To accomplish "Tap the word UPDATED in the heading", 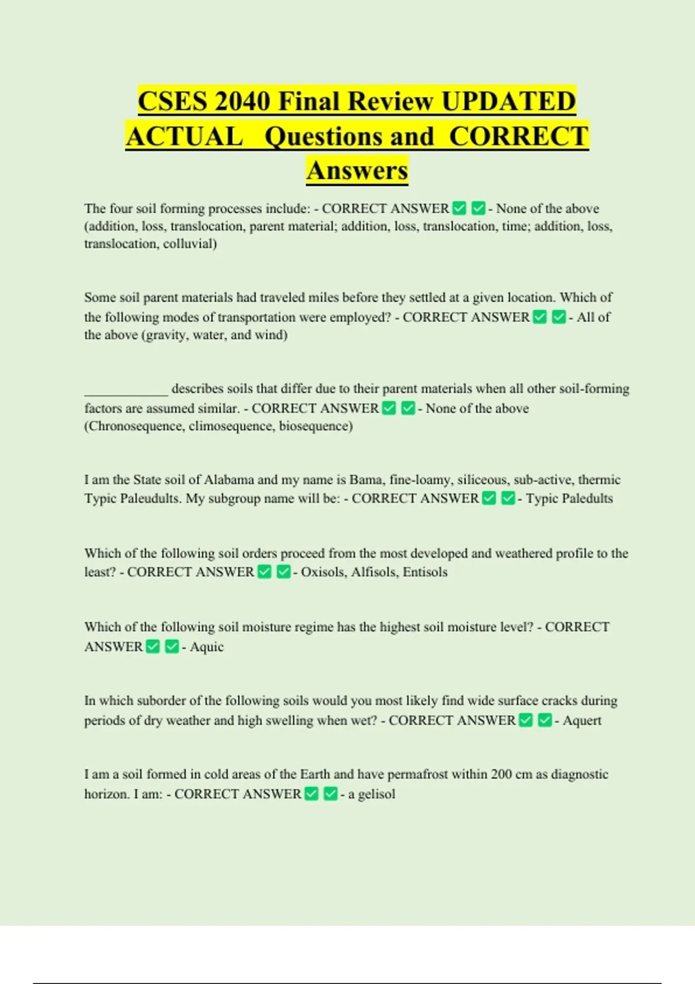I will [x=509, y=101].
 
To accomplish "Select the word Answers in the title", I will [x=357, y=170].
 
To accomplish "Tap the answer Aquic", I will [x=207, y=647].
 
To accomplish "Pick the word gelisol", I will [x=376, y=794].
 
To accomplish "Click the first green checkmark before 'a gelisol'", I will [x=312, y=794].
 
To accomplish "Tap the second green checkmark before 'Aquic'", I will [x=172, y=647].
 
